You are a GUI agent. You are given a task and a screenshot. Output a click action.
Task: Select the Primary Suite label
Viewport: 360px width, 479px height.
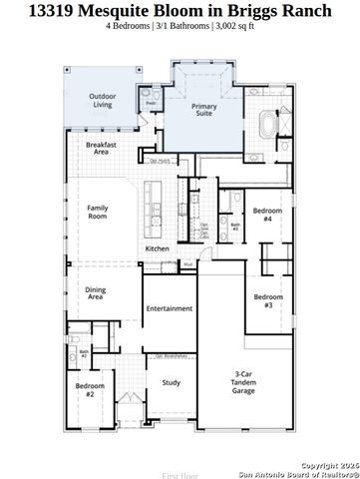click(204, 110)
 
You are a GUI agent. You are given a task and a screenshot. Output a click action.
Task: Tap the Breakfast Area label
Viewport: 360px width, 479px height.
click(103, 148)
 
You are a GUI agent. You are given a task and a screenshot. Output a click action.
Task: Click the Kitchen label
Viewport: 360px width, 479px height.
click(158, 248)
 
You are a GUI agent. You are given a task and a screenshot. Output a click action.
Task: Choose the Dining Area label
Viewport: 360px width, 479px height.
click(96, 293)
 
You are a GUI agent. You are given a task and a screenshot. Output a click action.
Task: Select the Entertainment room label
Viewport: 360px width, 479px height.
click(170, 308)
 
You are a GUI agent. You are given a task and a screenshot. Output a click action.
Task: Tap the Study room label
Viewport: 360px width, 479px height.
click(171, 382)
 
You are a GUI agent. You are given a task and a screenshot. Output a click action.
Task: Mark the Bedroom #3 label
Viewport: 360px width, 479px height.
click(262, 300)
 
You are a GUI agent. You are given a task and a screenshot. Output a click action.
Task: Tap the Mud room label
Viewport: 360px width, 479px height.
click(215, 264)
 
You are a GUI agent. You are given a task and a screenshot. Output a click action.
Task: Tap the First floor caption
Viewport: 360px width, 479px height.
click(180, 475)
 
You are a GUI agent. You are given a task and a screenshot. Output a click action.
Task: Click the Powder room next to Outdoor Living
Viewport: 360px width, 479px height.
click(152, 102)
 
